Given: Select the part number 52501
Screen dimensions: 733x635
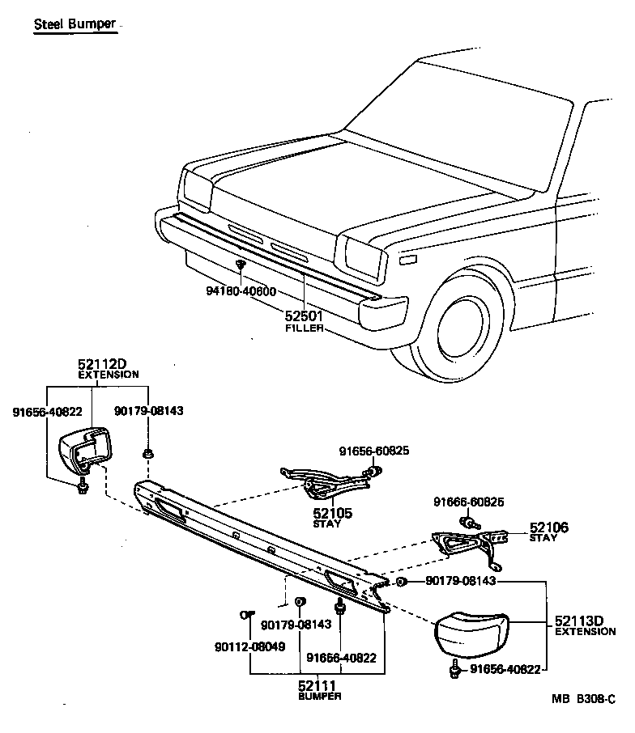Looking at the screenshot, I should [305, 317].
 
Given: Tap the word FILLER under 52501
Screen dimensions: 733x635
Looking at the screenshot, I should [305, 328].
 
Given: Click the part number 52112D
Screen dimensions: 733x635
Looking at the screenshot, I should [102, 365].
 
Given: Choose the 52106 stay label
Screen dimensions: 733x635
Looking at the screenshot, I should [549, 528].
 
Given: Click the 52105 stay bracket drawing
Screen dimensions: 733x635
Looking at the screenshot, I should [324, 484].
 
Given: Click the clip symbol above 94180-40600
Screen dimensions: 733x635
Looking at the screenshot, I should [241, 266].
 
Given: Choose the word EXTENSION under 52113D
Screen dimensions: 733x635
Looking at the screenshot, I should [585, 632].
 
